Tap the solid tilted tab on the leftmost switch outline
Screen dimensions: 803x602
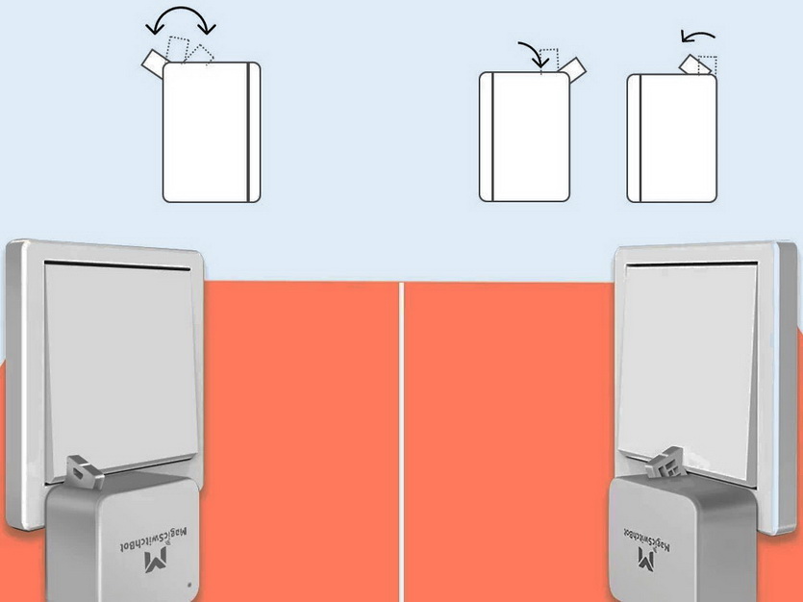[153, 62]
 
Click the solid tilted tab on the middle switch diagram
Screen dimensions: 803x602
[572, 68]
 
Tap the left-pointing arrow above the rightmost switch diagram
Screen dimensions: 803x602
[697, 36]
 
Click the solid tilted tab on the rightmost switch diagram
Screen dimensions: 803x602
[695, 65]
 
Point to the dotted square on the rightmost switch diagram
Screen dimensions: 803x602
[708, 65]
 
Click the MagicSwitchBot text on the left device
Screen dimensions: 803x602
[154, 539]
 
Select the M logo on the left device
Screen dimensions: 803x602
[157, 561]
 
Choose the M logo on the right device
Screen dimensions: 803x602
[647, 558]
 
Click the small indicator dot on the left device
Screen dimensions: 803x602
[190, 584]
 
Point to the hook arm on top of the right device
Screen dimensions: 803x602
[664, 463]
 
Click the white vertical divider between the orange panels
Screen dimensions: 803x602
[402, 441]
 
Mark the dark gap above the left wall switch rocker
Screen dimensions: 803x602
[117, 265]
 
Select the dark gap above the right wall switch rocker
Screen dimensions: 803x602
[691, 263]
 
